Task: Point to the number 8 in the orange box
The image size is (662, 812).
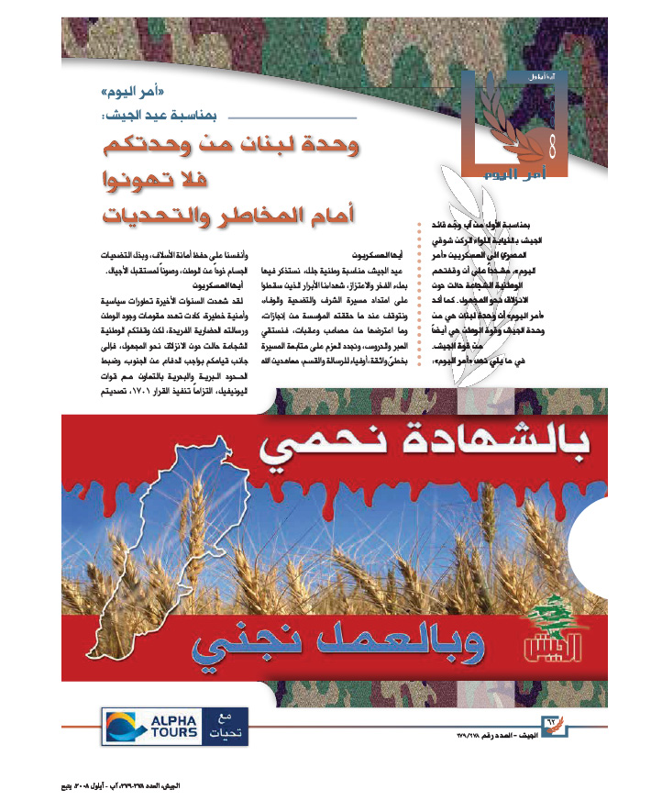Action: click(x=553, y=143)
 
